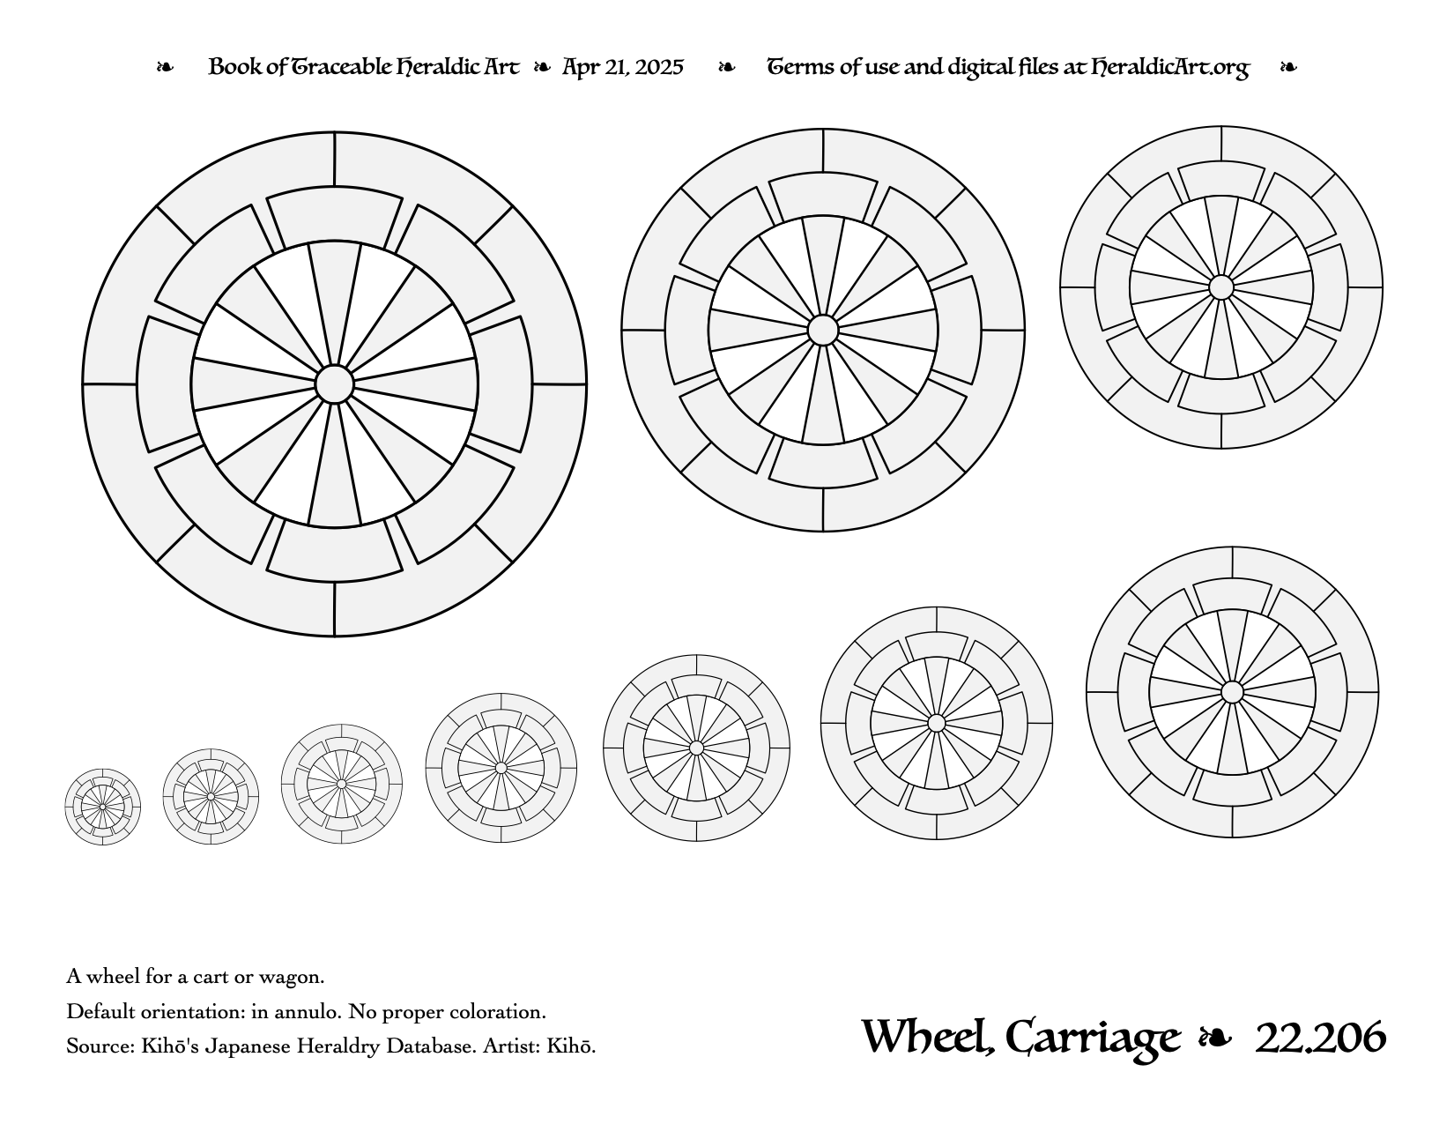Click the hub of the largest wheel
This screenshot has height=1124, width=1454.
(334, 384)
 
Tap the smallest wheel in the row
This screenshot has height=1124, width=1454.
(102, 807)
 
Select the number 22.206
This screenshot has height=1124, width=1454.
(1320, 1038)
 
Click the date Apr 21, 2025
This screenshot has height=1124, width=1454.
(622, 67)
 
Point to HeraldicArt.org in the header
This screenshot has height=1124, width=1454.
(1169, 68)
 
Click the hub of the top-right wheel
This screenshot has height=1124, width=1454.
(1221, 287)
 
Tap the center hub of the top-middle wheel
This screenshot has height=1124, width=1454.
(823, 330)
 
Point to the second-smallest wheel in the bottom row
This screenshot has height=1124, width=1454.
(211, 797)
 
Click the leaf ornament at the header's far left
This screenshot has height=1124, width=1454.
(165, 67)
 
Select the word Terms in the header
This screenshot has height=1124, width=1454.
(794, 67)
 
